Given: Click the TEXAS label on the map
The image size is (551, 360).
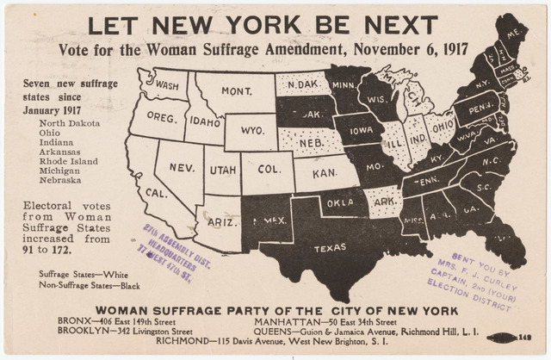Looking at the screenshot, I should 330,248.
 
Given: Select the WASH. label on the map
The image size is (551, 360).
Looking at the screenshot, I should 168,85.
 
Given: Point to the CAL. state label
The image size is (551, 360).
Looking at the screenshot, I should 156,193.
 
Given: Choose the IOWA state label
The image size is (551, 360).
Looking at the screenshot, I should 360,131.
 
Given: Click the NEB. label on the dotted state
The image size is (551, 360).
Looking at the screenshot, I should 311,141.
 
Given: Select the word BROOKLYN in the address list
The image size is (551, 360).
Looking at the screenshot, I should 83,331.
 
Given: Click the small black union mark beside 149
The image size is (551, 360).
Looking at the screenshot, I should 500,338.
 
